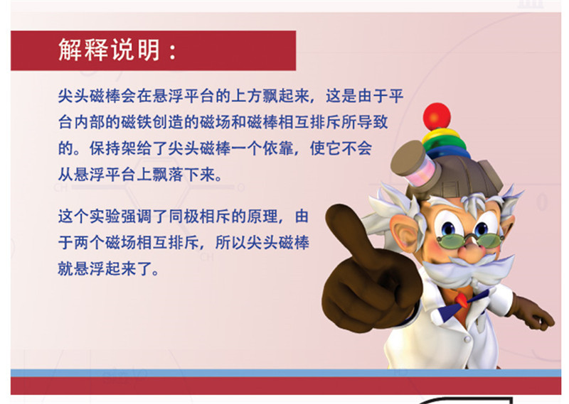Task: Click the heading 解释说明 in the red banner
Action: click(109, 50)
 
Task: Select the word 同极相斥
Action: click(200, 217)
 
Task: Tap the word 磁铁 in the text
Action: click(137, 122)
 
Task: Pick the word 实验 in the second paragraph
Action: click(105, 217)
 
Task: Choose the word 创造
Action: click(168, 122)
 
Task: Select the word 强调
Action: click(137, 217)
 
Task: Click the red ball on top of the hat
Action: click(437, 116)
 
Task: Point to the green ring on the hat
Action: click(445, 145)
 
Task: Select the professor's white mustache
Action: click(468, 268)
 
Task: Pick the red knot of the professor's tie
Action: click(462, 299)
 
